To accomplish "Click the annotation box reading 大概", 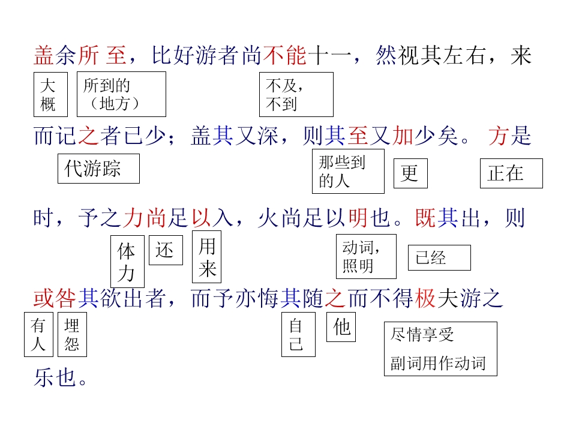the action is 50,94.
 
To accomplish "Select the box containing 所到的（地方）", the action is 121,94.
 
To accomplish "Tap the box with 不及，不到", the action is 296,94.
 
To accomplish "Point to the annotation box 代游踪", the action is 98,169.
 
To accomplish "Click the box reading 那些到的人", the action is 348,171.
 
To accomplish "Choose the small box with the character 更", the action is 410,173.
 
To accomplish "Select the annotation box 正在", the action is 511,173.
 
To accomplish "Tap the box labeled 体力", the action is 127,262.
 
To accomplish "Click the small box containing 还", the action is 166,250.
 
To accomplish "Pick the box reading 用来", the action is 207,257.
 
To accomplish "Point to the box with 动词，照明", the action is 366,256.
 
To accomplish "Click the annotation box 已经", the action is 439,257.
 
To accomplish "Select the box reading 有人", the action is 38,335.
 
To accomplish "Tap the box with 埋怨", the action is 73,335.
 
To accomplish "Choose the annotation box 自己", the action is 298,335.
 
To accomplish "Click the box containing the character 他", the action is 341,327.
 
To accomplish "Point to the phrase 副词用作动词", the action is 438,364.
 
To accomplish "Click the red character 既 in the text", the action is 425,218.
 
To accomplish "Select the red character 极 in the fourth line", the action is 425,298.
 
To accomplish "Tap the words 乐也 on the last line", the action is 55,377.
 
